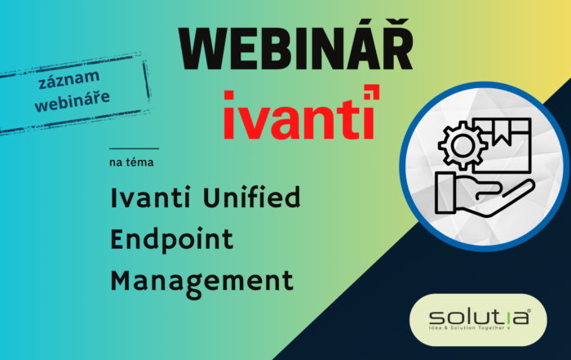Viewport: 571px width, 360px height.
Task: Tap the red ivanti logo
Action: pos(298,113)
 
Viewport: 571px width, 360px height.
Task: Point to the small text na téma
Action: pos(131,162)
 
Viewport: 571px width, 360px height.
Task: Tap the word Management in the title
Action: pos(201,281)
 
